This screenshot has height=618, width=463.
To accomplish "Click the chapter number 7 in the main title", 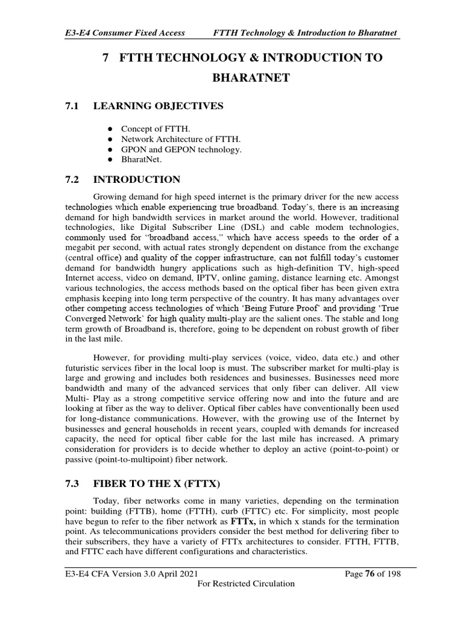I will click(106, 57).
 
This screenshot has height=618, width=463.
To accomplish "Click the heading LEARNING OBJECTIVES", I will click(158, 106).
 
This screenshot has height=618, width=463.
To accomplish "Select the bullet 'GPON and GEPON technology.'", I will click(181, 149).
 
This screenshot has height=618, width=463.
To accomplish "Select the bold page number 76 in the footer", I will click(367, 573).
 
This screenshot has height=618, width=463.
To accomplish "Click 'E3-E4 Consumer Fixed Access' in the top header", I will click(124, 32).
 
